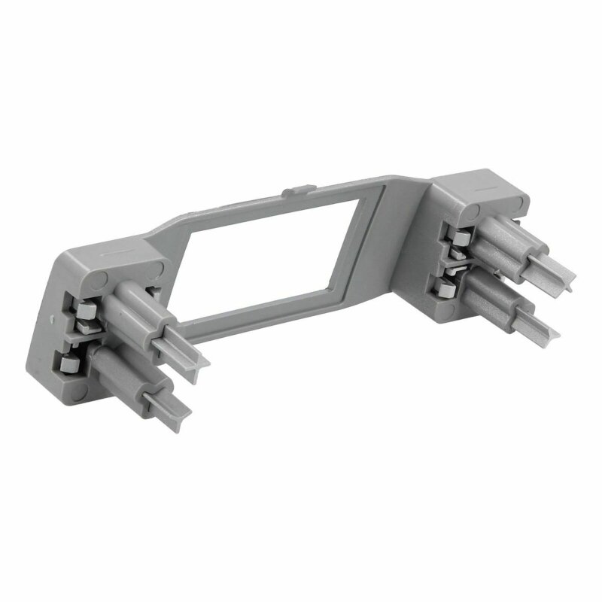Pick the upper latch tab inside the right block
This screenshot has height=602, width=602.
coord(457,237)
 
